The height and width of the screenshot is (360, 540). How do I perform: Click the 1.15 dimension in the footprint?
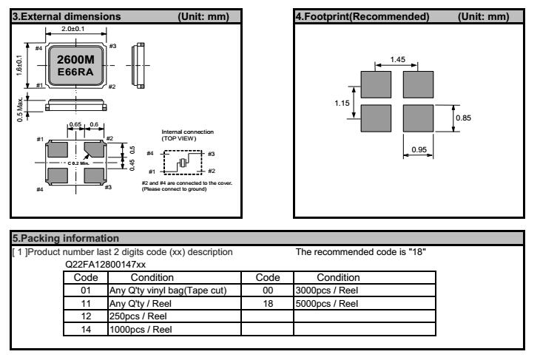click(341, 103)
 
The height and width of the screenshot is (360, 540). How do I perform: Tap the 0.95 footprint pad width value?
click(418, 149)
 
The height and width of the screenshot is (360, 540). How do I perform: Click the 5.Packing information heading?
click(55, 239)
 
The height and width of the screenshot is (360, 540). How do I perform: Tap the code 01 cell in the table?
click(85, 289)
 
